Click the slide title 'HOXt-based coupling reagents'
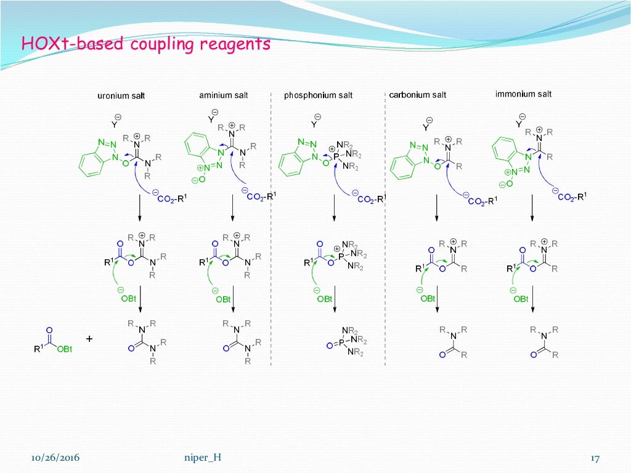146,44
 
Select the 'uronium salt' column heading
121,96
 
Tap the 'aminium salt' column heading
224,95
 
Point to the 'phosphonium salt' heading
319,95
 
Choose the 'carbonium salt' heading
418,95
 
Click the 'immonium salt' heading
523,94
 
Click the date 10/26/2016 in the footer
55,458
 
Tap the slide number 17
595,458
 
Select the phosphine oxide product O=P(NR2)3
346,341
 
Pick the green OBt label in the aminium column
222,299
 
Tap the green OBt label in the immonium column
520,299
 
